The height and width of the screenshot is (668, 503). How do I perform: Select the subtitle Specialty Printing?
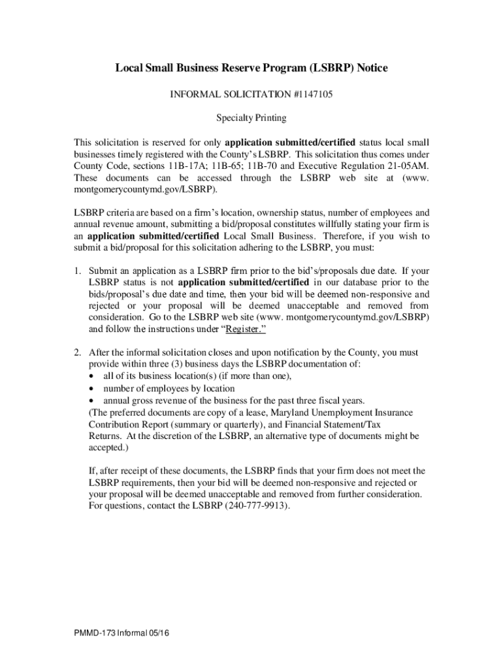pyautogui.click(x=252, y=119)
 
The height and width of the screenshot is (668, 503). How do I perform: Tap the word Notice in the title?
pyautogui.click(x=370, y=68)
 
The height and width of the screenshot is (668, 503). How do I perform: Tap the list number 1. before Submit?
pyautogui.click(x=77, y=270)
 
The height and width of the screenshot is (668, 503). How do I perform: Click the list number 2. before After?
pyautogui.click(x=77, y=352)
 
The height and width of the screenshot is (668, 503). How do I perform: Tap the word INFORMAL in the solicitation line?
pyautogui.click(x=194, y=95)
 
